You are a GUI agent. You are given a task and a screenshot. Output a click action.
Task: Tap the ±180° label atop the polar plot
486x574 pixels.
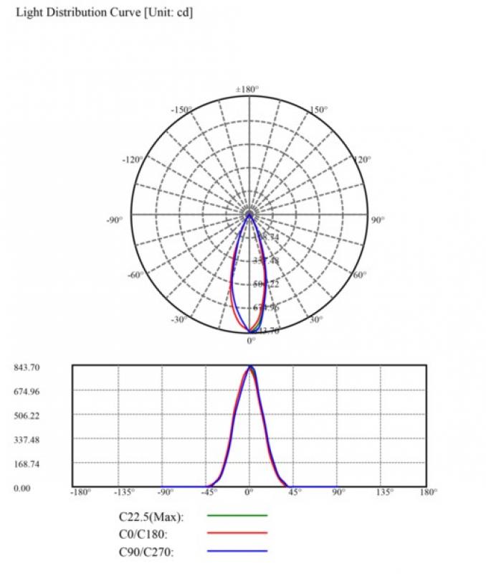tap(247, 90)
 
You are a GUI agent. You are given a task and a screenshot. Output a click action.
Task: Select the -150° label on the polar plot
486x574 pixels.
tap(181, 110)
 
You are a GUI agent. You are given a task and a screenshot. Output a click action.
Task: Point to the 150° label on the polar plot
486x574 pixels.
tap(318, 110)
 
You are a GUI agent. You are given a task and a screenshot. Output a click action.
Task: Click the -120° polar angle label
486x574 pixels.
tap(133, 159)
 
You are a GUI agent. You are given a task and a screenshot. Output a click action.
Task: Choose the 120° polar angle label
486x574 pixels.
tap(363, 159)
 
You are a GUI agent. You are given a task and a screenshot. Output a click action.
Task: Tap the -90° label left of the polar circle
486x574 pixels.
tap(116, 220)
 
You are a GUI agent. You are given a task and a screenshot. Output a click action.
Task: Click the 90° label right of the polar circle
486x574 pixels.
tap(378, 220)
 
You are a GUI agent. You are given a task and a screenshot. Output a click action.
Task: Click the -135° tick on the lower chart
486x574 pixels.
tap(125, 492)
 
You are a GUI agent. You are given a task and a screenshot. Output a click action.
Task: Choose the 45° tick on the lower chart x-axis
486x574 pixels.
tap(294, 492)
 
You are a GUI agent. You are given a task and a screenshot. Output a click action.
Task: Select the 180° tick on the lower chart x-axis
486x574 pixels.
tap(429, 492)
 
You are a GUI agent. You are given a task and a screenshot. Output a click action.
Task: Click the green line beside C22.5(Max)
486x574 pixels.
tap(237, 515)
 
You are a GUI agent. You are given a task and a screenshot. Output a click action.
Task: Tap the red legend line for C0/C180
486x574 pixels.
tap(237, 533)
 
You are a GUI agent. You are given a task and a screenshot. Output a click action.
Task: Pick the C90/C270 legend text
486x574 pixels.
tap(147, 551)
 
